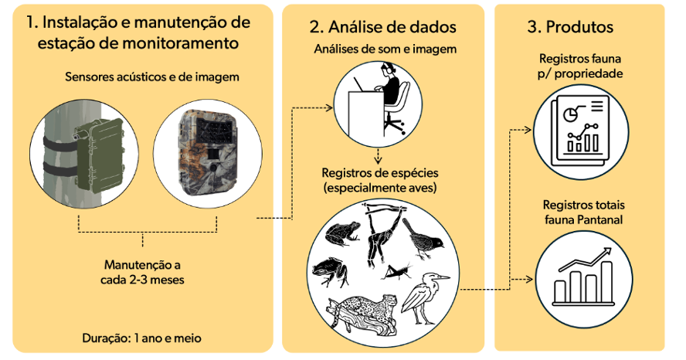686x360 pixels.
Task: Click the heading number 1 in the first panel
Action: (31, 20)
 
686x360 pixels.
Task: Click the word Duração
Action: (106, 338)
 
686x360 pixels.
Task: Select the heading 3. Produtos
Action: (570, 27)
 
